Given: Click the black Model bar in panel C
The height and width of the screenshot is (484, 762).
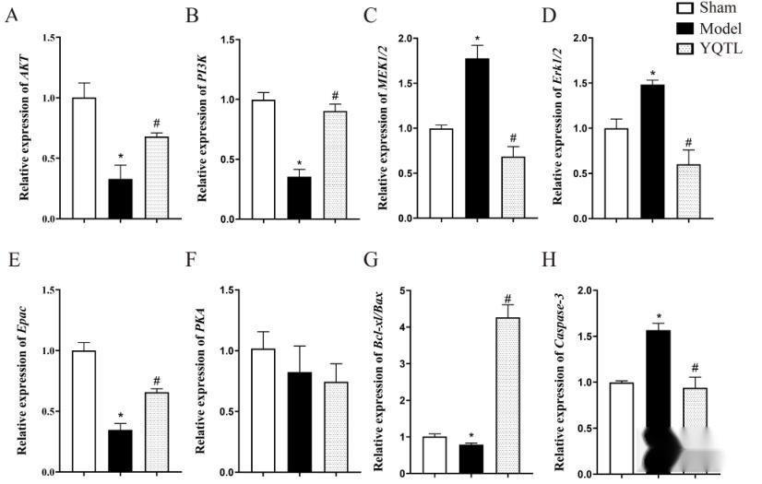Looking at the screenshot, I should [x=477, y=138].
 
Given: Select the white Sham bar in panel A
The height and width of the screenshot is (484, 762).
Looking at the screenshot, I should [x=84, y=158].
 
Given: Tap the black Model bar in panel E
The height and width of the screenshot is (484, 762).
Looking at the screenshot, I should [x=120, y=452].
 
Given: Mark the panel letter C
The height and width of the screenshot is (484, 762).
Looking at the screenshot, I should [x=370, y=16].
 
